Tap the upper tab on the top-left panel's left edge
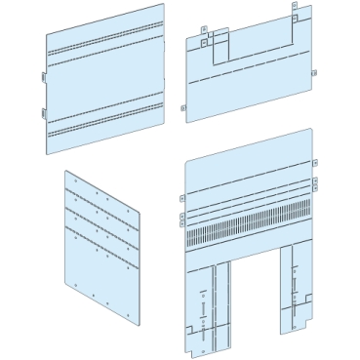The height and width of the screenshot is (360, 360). pyautogui.click(x=43, y=76)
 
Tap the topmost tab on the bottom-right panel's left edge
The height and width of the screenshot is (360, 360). pyautogui.click(x=181, y=197)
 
